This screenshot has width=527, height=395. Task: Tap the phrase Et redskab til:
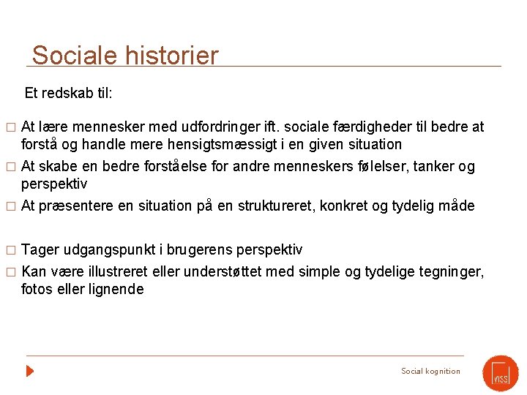pyautogui.click(x=68, y=93)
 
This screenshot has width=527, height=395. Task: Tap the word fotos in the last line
pyautogui.click(x=37, y=289)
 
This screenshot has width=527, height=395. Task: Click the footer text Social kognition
pyautogui.click(x=430, y=371)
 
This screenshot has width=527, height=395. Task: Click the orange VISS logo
pyautogui.click(x=501, y=372)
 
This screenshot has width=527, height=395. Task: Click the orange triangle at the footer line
pyautogui.click(x=30, y=371)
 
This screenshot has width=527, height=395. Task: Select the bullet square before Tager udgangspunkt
pyautogui.click(x=10, y=251)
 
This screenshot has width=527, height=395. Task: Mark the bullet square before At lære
pyautogui.click(x=10, y=127)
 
